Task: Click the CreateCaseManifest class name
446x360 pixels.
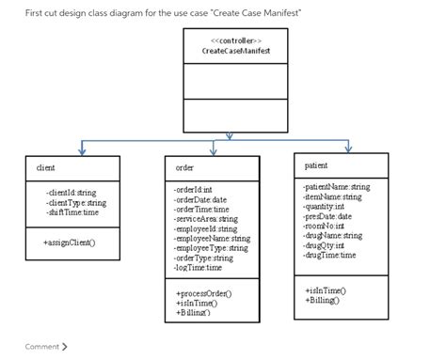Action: [x=231, y=50]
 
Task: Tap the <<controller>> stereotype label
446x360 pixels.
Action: [x=231, y=40]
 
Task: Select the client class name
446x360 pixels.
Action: [x=45, y=167]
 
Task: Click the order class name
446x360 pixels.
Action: [x=185, y=167]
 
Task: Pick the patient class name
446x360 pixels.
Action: [x=316, y=165]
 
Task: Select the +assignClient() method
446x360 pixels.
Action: [x=69, y=242]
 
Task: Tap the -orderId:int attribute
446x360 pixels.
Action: [x=194, y=189]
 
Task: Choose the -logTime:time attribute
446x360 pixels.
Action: [x=199, y=267]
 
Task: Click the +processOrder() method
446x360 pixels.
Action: [x=203, y=293]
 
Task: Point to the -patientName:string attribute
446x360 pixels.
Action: [x=337, y=187]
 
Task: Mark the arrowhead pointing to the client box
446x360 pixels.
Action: [x=83, y=150]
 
